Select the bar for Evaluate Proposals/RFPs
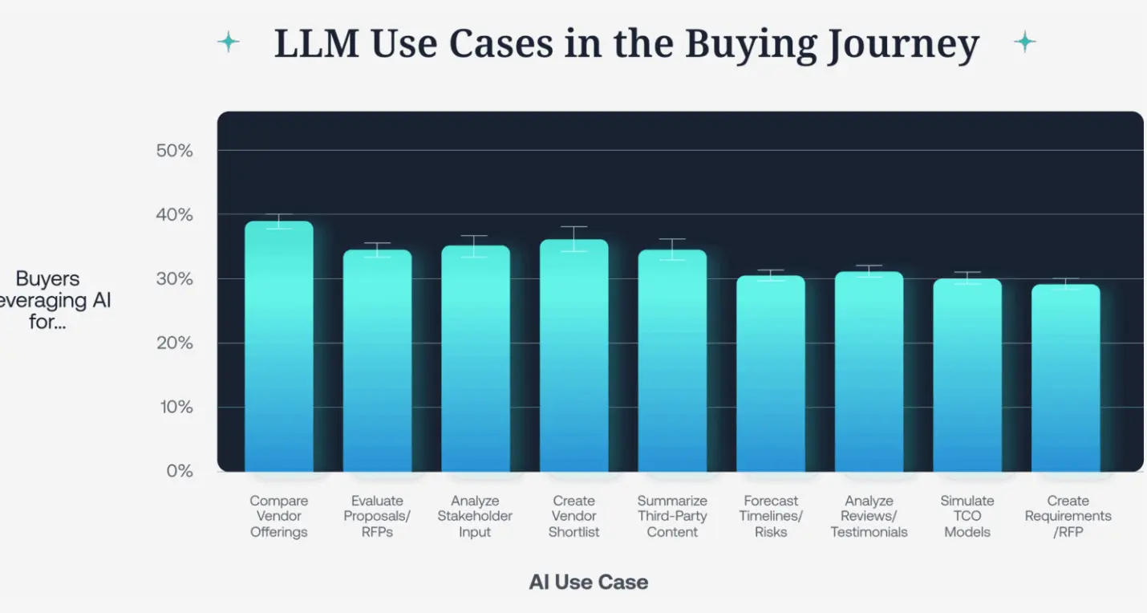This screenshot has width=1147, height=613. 377,361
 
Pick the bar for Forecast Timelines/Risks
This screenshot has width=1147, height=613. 771,374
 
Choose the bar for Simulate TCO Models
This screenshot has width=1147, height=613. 967,376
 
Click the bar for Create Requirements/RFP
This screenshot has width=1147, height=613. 1066,378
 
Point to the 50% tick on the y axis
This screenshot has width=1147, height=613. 175,151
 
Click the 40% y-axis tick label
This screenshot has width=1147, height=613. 175,215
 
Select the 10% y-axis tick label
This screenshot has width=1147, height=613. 175,407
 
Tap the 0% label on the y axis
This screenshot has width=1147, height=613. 180,471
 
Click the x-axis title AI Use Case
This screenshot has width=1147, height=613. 588,583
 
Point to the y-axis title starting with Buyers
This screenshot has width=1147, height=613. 48,301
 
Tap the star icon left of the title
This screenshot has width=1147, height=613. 229,43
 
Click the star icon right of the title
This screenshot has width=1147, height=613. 1024,43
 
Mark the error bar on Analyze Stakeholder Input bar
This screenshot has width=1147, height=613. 475,246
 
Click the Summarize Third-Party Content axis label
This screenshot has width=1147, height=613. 672,516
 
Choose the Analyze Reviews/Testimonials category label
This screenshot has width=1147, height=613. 869,516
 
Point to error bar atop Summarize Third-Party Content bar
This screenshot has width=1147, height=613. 672,250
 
